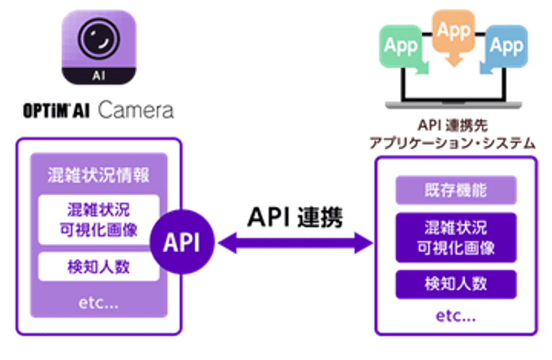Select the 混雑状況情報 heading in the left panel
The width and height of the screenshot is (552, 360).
pyautogui.click(x=99, y=175)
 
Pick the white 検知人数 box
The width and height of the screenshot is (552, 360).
pyautogui.click(x=99, y=267)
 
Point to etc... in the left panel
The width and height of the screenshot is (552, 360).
pyautogui.click(x=99, y=304)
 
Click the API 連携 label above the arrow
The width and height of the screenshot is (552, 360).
pyautogui.click(x=295, y=217)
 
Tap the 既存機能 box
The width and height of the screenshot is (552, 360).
pyautogui.click(x=455, y=192)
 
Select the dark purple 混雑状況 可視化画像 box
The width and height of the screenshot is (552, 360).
pyautogui.click(x=455, y=237)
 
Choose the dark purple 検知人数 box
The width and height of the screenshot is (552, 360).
pyautogui.click(x=455, y=284)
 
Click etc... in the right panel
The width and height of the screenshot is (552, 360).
pyautogui.click(x=455, y=316)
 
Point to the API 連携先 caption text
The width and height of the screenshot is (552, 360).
pyautogui.click(x=455, y=125)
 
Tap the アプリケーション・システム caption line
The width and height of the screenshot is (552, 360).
pyautogui.click(x=455, y=143)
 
